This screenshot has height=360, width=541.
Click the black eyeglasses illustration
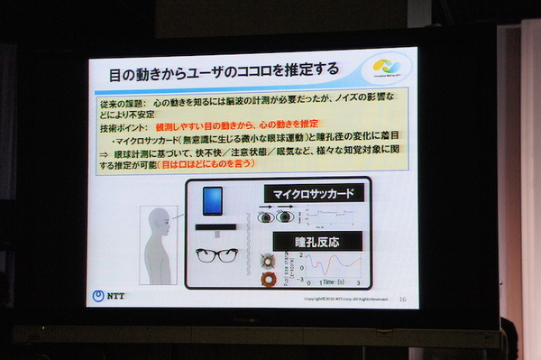tap(216, 254)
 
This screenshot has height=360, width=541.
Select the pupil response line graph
tap(331, 268)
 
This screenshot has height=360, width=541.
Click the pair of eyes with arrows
tap(275, 216)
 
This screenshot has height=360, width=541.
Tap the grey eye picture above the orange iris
tap(267, 259)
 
